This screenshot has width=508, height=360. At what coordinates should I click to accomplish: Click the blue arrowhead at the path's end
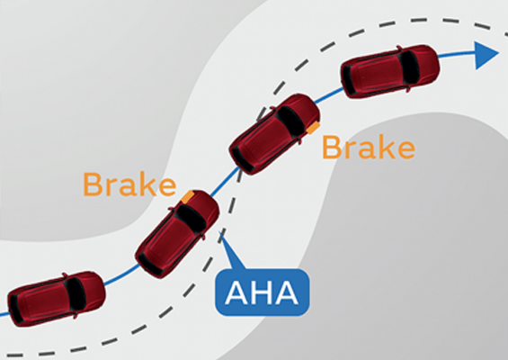pos(485,55)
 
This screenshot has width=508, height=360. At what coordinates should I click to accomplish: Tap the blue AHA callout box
pos(263,292)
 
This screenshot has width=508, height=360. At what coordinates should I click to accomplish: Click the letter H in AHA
pos(262,292)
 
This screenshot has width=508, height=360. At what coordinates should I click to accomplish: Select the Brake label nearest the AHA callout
pos(129,184)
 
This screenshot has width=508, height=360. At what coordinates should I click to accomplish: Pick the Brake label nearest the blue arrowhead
pos(369,148)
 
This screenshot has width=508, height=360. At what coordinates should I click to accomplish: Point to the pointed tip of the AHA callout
pos(220,232)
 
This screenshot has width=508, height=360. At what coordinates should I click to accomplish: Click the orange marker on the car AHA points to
pos(188,197)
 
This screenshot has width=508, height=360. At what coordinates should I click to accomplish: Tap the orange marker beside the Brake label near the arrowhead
pos(313,128)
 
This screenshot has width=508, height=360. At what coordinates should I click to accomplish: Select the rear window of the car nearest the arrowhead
pos(349,80)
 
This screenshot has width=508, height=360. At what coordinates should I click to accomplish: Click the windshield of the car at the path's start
pos(75,294)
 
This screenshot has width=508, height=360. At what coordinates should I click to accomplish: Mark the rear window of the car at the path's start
pos(15,309)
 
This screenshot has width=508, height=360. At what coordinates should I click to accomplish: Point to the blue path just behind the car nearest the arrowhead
pos(329,94)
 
